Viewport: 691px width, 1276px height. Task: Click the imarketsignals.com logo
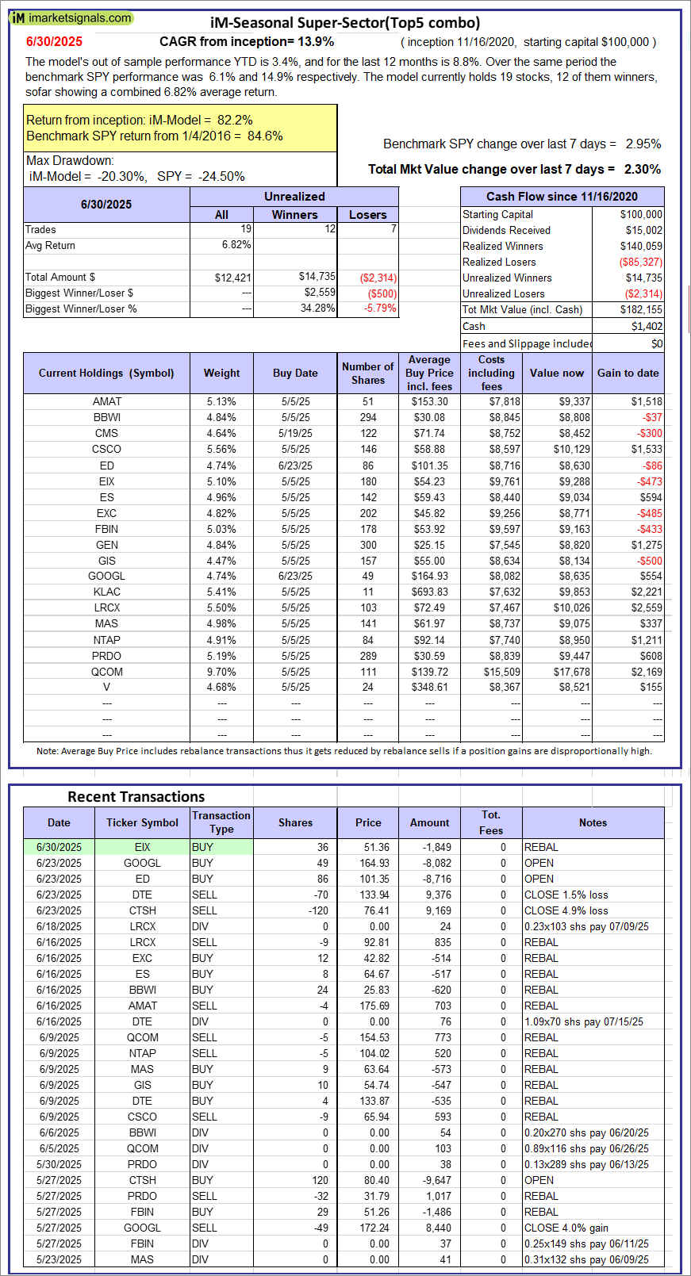tap(71, 17)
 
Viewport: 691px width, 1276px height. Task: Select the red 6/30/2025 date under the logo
tap(54, 42)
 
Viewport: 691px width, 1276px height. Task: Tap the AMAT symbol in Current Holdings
tap(106, 402)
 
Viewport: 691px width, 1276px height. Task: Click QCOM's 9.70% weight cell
tap(221, 672)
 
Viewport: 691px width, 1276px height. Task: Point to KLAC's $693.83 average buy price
tap(429, 592)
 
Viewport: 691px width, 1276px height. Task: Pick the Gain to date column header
tap(628, 373)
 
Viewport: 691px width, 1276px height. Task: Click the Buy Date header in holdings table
tap(295, 373)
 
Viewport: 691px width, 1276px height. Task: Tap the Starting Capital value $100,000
tap(641, 215)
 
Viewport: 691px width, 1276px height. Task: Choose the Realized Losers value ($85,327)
tap(640, 262)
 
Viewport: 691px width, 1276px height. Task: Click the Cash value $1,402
tap(647, 327)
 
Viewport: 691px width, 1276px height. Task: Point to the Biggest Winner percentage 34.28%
tap(317, 308)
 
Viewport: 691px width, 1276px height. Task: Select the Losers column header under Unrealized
tap(368, 215)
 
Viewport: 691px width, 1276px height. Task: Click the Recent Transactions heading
tap(136, 797)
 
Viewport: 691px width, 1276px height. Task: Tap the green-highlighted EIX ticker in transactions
tap(143, 848)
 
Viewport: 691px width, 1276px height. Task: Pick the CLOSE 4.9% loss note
tap(566, 911)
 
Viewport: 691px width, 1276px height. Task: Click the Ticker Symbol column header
tap(143, 822)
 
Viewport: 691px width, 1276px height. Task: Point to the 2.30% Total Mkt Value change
tap(643, 169)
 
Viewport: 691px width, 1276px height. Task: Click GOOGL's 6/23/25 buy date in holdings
tap(295, 577)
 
